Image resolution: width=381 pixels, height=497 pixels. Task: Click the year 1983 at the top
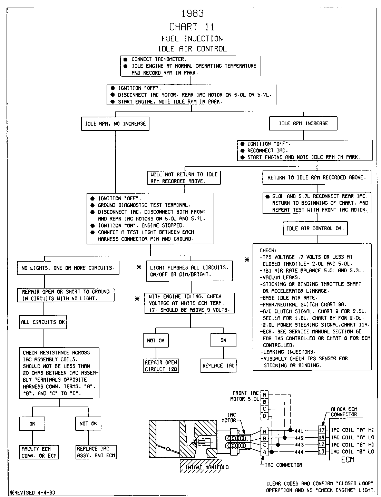[x=193, y=13]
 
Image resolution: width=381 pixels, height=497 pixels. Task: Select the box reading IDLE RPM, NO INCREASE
[x=115, y=124]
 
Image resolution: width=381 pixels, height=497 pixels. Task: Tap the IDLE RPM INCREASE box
[x=303, y=124]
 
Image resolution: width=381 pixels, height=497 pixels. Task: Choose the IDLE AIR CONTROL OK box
[x=315, y=228]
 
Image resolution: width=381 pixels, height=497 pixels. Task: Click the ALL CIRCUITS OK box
[x=43, y=322]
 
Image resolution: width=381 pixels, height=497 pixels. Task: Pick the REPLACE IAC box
[x=218, y=366]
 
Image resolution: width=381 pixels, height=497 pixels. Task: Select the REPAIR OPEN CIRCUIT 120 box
[x=161, y=366]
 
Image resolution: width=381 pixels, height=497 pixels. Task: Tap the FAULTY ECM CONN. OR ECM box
[x=39, y=452]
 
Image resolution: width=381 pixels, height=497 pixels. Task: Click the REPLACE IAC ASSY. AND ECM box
[x=96, y=452]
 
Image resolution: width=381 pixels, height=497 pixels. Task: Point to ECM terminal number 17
[x=322, y=430]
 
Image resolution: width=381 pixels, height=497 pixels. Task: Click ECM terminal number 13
[x=322, y=452]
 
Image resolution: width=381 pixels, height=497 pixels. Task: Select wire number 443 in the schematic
[x=299, y=445]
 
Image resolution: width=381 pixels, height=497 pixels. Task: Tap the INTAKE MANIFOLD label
[x=206, y=468]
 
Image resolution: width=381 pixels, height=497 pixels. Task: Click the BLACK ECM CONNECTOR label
[x=344, y=412]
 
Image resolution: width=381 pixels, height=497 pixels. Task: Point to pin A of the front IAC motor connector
[x=265, y=394]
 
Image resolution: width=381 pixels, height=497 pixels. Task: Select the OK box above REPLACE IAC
[x=223, y=340]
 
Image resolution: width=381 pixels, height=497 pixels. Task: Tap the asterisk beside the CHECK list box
[x=247, y=260]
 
